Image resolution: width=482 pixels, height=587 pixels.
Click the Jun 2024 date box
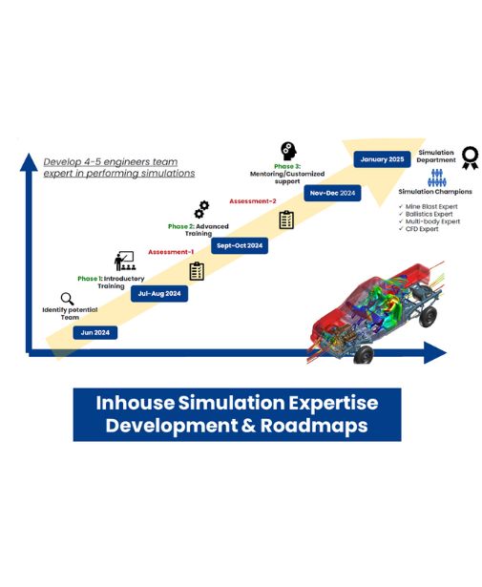[95, 332]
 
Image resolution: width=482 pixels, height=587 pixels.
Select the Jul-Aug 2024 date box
[158, 294]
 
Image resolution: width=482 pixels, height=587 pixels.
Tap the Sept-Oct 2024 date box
[238, 245]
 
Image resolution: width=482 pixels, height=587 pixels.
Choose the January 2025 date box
[383, 159]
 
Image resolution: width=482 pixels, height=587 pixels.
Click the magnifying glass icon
[67, 299]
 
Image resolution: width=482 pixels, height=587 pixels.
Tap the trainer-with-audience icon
[125, 261]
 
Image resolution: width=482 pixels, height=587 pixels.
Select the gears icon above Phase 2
[201, 210]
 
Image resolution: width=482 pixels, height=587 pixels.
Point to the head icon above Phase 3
[288, 151]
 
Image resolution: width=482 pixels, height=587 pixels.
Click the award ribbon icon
[470, 157]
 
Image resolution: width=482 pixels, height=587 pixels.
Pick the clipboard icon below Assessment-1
[197, 271]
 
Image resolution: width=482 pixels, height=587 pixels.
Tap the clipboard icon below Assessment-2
[286, 220]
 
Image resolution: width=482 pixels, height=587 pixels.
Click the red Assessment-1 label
[170, 252]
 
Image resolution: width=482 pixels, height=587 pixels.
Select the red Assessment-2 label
[253, 201]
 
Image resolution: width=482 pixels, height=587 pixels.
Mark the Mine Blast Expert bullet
[432, 207]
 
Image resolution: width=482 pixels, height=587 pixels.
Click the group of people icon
[436, 178]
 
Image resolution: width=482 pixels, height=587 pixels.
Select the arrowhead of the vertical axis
[30, 149]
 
